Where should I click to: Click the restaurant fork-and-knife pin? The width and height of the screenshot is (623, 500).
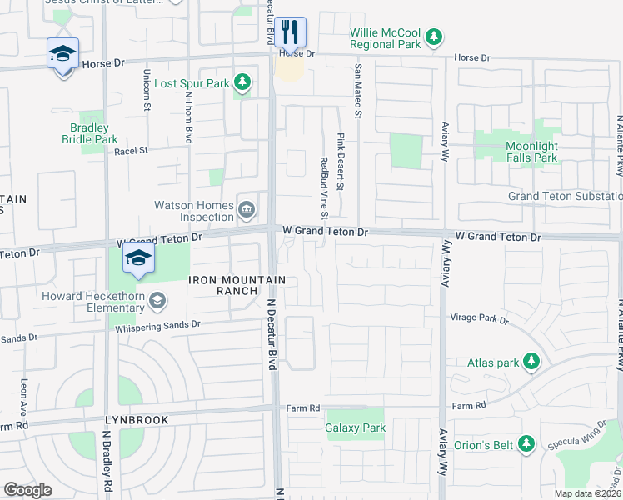pyautogui.click(x=291, y=32)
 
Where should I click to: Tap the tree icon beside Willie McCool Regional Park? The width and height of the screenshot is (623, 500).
pyautogui.click(x=433, y=37)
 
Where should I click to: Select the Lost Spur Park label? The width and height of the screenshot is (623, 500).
pyautogui.click(x=192, y=83)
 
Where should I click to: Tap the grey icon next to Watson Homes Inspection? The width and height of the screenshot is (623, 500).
pyautogui.click(x=247, y=211)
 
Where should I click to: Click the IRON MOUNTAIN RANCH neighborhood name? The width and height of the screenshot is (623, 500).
pyautogui.click(x=238, y=285)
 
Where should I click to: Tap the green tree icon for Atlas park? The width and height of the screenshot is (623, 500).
pyautogui.click(x=531, y=362)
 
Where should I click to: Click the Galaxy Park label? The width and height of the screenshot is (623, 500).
pyautogui.click(x=356, y=428)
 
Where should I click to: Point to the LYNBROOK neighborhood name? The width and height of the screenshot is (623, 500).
pyautogui.click(x=137, y=421)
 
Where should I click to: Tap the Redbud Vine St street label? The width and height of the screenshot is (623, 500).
pyautogui.click(x=324, y=187)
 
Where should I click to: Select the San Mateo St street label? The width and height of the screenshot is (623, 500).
pyautogui.click(x=359, y=87)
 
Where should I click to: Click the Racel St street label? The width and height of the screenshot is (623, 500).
pyautogui.click(x=131, y=151)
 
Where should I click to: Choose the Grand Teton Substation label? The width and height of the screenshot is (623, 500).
pyautogui.click(x=565, y=197)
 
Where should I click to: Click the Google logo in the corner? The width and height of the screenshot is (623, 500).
pyautogui.click(x=28, y=490)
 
